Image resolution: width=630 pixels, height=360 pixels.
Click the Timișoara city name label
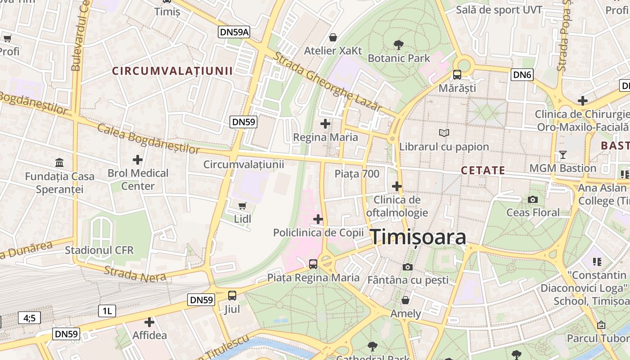418,237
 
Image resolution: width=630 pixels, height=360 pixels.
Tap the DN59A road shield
234,32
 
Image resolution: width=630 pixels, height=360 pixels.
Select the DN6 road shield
522,75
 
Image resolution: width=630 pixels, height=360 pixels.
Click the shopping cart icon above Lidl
243,206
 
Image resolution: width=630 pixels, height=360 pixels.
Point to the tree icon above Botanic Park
398,45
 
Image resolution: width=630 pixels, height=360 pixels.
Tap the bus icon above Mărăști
457,75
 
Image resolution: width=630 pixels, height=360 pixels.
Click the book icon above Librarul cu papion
444,133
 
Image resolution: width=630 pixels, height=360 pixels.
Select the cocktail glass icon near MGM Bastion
562,155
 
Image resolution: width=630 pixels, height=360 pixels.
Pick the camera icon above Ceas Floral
533,199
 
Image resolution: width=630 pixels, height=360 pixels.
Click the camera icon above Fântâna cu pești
408,267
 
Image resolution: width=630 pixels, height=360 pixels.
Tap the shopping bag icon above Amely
405,300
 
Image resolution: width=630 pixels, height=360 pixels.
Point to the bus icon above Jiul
232,296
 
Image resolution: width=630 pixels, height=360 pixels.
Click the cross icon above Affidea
149,322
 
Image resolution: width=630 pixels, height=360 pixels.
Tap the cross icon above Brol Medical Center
138,160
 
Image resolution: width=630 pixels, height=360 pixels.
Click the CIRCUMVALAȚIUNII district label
172,71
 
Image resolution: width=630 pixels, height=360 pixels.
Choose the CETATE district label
483,171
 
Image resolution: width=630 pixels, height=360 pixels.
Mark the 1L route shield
107,310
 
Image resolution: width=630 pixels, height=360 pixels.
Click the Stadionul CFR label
99,250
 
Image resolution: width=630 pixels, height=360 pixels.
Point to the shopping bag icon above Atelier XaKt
333,37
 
